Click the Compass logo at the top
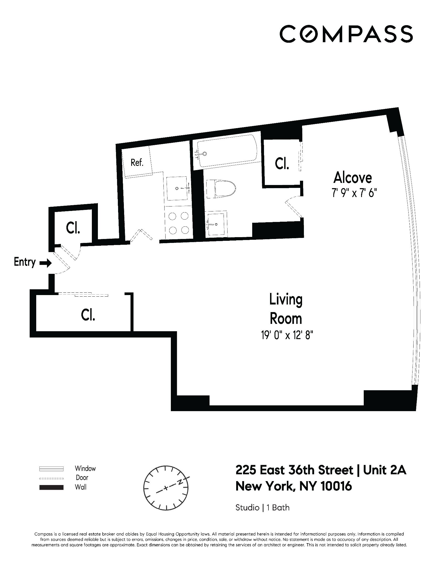click(x=346, y=34)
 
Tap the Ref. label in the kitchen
click(x=137, y=163)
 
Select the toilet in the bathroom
click(x=222, y=189)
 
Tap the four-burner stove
click(x=179, y=223)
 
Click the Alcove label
click(x=352, y=178)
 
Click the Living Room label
click(x=286, y=309)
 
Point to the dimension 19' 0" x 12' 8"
click(x=286, y=335)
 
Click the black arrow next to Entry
click(x=45, y=263)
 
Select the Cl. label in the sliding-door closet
click(x=88, y=315)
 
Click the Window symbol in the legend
click(x=51, y=468)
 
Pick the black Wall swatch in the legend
click(x=51, y=487)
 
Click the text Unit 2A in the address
click(x=385, y=470)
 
